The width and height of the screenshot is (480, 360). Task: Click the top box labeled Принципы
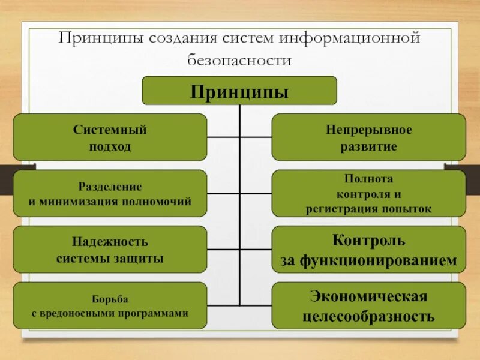tap(239, 91)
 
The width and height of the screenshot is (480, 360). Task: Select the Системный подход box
tap(110, 137)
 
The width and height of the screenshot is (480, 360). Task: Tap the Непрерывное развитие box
tap(369, 137)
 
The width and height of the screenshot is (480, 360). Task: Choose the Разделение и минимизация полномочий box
tap(110, 194)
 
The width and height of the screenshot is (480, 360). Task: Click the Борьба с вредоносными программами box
tap(110, 306)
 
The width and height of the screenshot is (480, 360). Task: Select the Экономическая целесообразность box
tap(369, 306)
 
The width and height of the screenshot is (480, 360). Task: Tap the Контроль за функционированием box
tap(369, 250)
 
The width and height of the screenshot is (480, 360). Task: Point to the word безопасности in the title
tap(239, 61)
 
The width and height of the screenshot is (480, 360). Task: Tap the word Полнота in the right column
tap(369, 179)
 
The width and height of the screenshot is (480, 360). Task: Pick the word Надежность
tap(110, 242)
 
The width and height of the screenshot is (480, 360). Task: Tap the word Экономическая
tap(369, 296)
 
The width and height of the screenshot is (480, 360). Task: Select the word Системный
tap(110, 130)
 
